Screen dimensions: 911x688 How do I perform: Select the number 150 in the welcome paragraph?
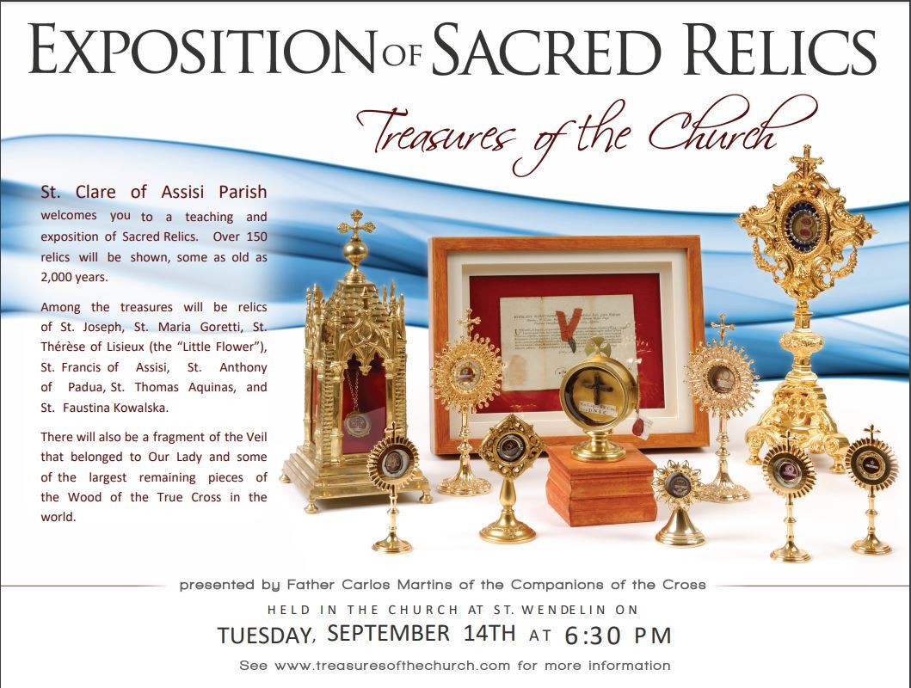click(256, 236)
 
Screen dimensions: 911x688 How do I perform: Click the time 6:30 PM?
click(619, 636)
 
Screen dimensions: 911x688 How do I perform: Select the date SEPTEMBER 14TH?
click(422, 633)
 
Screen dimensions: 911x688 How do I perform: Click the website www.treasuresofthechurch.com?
click(392, 666)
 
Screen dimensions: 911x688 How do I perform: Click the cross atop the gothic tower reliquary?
click(355, 224)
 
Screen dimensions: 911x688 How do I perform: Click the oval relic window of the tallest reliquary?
click(804, 224)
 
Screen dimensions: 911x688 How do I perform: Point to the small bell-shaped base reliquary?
click(679, 503)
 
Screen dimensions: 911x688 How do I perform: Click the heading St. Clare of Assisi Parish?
click(154, 192)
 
